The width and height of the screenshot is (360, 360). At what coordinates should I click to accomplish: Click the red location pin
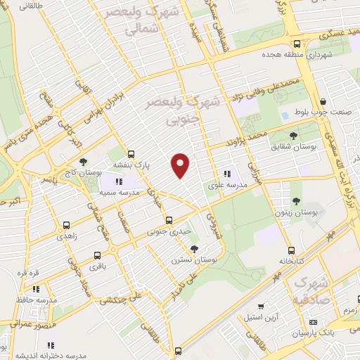(x=181, y=165)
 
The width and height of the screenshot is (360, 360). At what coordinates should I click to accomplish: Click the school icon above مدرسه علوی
(x=226, y=174)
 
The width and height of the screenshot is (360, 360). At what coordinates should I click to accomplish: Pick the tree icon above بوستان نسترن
(x=194, y=249)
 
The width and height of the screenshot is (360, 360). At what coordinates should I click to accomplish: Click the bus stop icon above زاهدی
(x=65, y=226)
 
